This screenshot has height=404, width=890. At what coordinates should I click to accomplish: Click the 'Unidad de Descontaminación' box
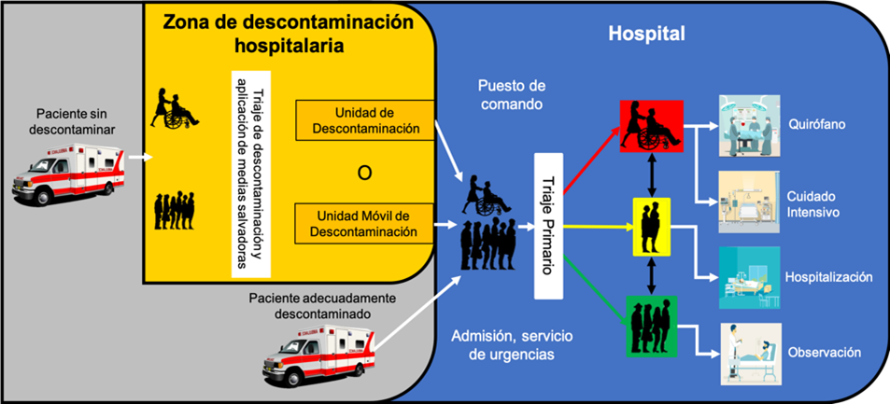click(365, 120)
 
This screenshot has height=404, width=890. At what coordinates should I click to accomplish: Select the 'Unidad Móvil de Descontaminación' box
click(365, 222)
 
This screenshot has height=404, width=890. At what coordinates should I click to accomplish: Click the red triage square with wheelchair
click(651, 127)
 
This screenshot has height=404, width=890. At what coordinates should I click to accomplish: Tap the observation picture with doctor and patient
click(749, 354)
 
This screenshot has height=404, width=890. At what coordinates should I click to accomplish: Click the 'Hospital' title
click(646, 34)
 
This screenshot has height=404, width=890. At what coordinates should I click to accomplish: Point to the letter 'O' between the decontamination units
click(364, 172)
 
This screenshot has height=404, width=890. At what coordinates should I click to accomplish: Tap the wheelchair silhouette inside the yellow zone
click(174, 107)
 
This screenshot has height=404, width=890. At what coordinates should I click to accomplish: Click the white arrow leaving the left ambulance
click(137, 157)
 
